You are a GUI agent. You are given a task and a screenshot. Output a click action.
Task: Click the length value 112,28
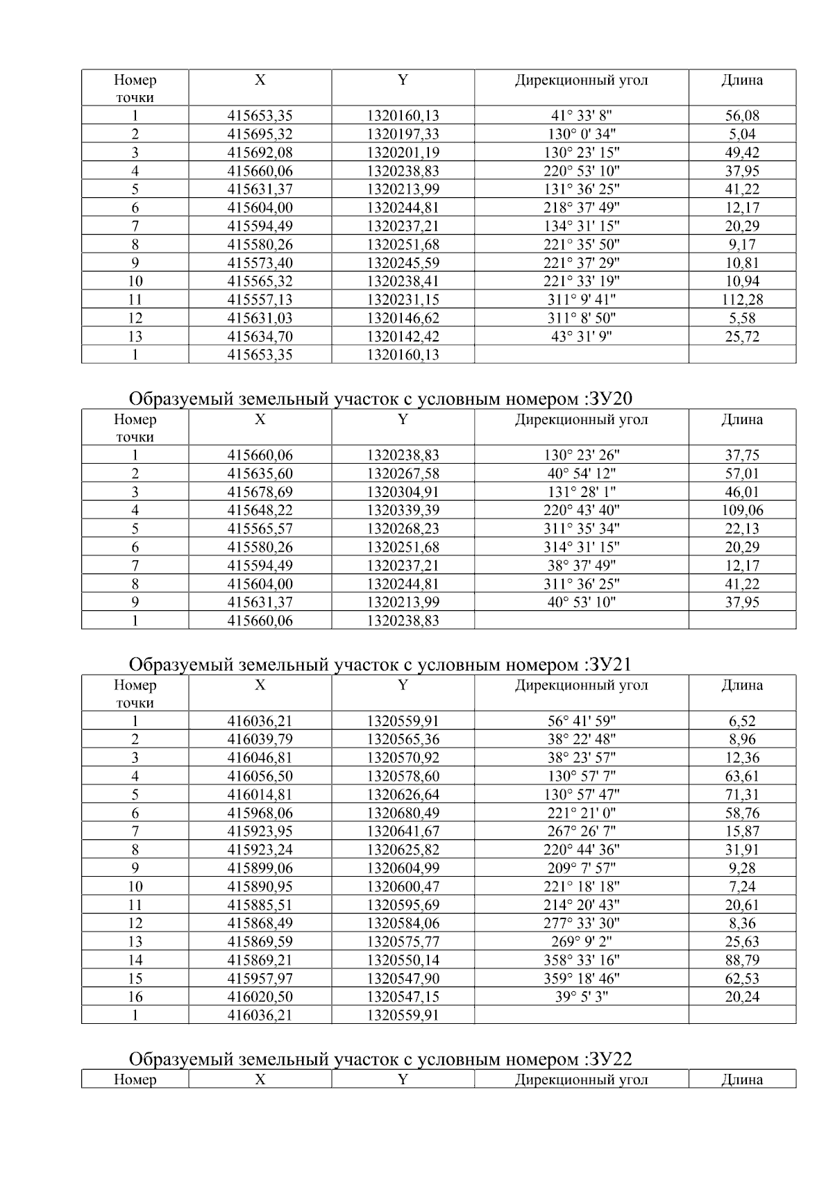tap(741, 300)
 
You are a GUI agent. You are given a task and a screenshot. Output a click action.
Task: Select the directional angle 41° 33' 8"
tap(581, 116)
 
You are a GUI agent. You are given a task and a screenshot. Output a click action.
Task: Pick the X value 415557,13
tap(260, 300)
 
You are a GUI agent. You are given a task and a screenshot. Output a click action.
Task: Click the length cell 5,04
tap(741, 134)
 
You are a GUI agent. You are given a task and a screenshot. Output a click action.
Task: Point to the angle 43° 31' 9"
tap(581, 337)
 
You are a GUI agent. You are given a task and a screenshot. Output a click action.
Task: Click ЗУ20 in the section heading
tap(609, 398)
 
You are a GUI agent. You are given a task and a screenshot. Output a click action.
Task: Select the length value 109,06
tap(741, 510)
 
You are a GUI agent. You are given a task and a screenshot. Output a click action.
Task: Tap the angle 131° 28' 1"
tap(581, 492)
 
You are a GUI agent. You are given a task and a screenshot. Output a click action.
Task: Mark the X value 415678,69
tap(260, 492)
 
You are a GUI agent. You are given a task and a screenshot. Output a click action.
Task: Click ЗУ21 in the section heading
tap(609, 664)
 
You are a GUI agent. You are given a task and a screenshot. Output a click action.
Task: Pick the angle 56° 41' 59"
tap(581, 721)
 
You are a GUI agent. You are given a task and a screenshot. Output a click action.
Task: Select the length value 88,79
tap(741, 960)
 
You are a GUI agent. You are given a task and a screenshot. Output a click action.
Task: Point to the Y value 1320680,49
tap(403, 813)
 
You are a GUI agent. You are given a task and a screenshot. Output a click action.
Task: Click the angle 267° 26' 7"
tap(581, 831)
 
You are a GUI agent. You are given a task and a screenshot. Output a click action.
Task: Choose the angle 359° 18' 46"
tap(581, 979)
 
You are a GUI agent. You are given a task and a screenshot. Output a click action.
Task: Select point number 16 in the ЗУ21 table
tap(135, 997)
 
